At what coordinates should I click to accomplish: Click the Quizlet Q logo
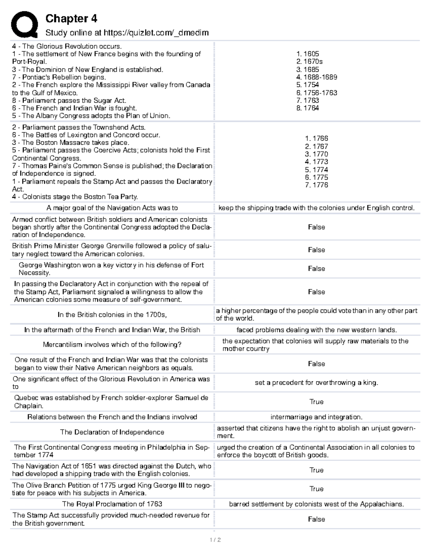(x=24, y=24)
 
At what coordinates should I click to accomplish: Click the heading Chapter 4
(x=71, y=19)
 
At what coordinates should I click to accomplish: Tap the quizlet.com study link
(x=127, y=33)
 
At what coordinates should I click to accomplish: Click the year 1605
(x=308, y=54)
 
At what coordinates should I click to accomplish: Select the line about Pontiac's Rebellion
(x=59, y=77)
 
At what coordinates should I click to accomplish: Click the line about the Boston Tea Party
(x=75, y=197)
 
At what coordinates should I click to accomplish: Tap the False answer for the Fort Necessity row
(x=316, y=269)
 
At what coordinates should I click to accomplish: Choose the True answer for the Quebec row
(x=316, y=402)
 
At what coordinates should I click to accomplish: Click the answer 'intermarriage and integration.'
(x=316, y=417)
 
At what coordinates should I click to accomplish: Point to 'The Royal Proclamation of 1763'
(x=112, y=504)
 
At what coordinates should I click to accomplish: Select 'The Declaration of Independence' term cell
(x=112, y=432)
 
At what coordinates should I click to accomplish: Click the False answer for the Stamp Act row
(x=316, y=519)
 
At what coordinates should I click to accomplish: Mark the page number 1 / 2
(x=215, y=540)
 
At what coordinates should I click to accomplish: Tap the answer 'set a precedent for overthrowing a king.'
(x=316, y=383)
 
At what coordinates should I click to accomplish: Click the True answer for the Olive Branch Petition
(x=316, y=489)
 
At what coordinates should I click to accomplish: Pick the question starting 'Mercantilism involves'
(x=112, y=345)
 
